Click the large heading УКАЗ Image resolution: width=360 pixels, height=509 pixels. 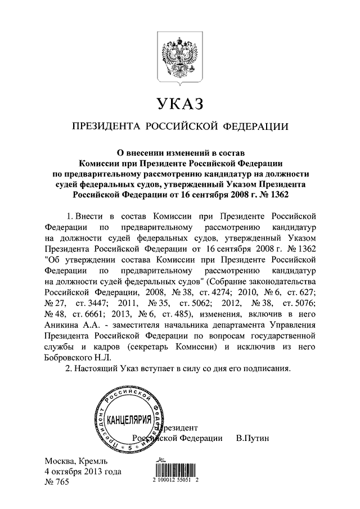[x=179, y=104]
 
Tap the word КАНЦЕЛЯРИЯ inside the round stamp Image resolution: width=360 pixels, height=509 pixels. [x=129, y=420]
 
